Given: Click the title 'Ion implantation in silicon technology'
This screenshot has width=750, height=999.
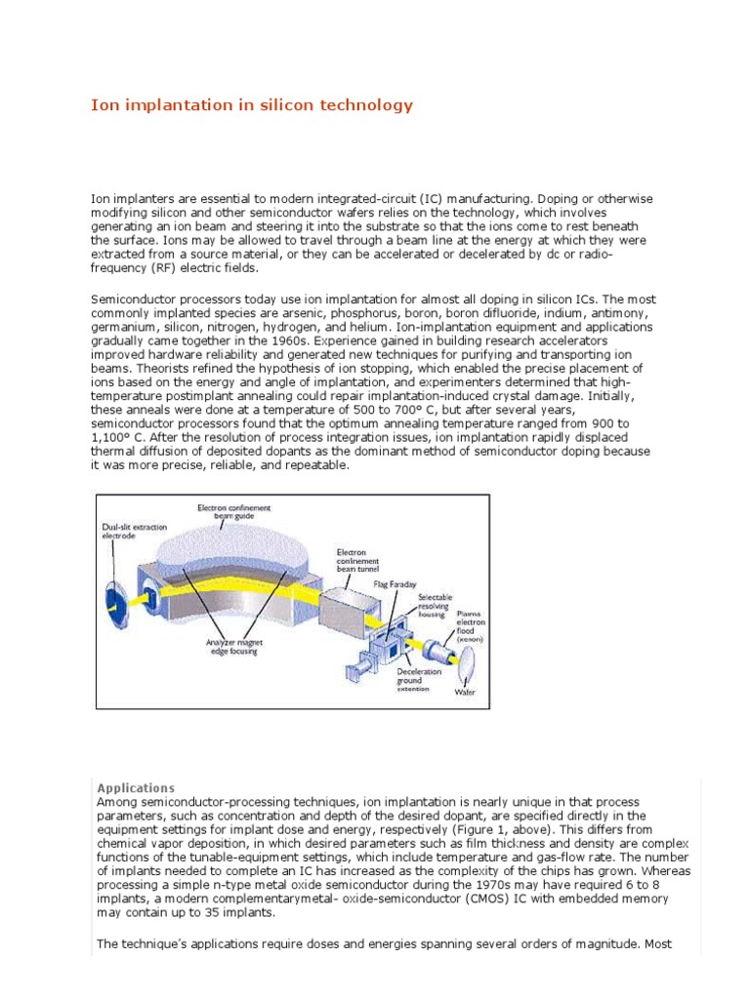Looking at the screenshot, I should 252,105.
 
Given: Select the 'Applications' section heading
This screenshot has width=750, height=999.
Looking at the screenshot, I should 136,787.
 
